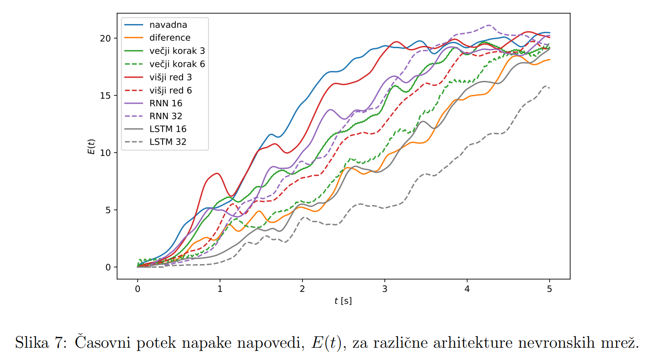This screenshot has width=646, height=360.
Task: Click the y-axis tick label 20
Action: tap(105, 38)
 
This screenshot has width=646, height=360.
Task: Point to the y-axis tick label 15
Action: tap(105, 95)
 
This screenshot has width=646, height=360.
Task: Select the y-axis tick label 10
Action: tap(105, 153)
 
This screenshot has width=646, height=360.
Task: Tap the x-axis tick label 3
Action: tap(385, 289)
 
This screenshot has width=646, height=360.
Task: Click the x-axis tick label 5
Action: tap(550, 289)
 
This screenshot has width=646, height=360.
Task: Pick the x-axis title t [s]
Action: tap(343, 301)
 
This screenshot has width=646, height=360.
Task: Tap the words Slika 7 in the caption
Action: tap(41, 341)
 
